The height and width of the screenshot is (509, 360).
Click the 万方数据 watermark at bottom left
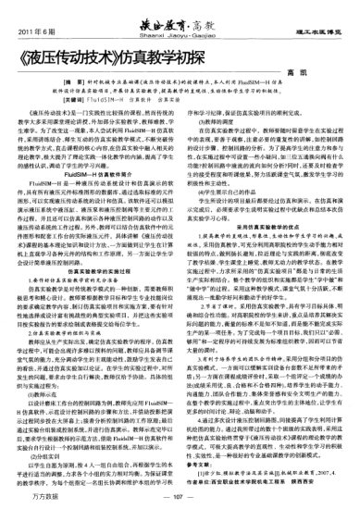pyautogui.click(x=41, y=499)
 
